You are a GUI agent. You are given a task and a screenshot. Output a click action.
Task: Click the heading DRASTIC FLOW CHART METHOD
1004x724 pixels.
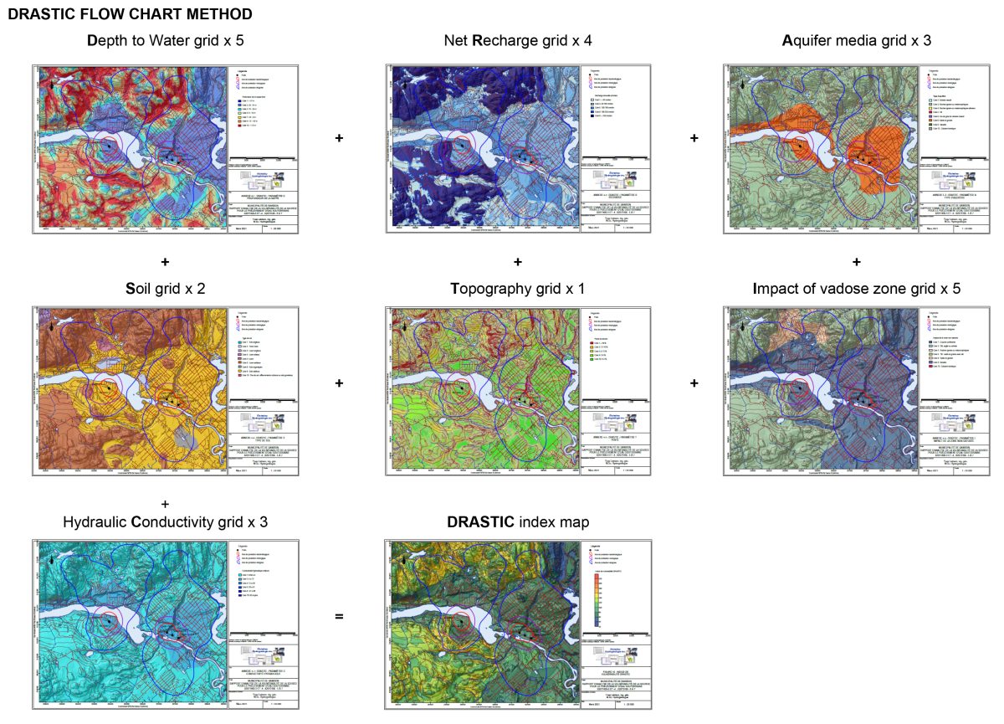(x=130, y=14)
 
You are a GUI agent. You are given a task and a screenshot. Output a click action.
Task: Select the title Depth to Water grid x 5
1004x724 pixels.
(x=166, y=40)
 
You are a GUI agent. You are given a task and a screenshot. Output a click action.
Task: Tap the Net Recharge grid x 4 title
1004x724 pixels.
(x=519, y=40)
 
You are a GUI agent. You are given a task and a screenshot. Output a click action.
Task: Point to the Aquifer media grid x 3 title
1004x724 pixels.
(x=857, y=40)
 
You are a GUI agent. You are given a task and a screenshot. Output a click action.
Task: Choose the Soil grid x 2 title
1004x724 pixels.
(x=166, y=289)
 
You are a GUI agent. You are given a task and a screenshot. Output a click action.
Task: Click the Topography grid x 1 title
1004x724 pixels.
(x=518, y=289)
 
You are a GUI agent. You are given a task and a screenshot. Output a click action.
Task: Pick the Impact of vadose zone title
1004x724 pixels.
(x=857, y=289)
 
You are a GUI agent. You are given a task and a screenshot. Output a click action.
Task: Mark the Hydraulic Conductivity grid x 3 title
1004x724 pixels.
(x=166, y=522)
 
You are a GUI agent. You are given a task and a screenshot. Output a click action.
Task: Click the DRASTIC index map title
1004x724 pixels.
(x=518, y=522)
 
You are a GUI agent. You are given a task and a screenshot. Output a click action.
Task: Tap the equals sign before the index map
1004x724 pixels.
(x=339, y=617)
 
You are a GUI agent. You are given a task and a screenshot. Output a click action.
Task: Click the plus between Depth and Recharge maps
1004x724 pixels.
(x=339, y=137)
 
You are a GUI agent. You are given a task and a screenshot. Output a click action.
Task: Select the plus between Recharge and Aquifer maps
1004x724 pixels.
(x=694, y=137)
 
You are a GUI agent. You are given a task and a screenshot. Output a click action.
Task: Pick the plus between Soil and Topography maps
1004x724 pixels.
(x=339, y=383)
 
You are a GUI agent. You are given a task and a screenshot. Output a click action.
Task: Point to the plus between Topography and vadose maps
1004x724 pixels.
(x=694, y=383)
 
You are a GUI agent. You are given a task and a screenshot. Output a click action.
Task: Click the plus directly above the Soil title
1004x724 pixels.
(x=165, y=262)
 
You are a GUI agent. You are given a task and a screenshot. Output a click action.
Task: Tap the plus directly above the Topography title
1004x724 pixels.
(x=518, y=262)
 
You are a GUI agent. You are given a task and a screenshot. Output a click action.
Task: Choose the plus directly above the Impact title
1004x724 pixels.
(x=857, y=262)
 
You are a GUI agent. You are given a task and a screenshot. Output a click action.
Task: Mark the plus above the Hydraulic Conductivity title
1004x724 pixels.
(x=165, y=504)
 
